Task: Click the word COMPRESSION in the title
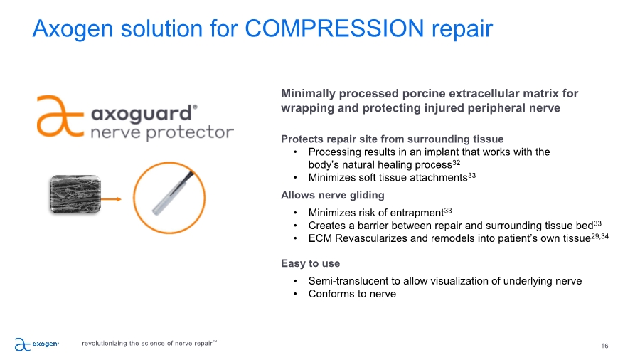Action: pyautogui.click(x=334, y=28)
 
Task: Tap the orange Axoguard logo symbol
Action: pyautogui.click(x=60, y=117)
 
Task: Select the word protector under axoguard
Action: pyautogui.click(x=190, y=132)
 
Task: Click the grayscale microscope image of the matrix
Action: pyautogui.click(x=75, y=194)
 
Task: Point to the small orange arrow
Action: pyautogui.click(x=112, y=199)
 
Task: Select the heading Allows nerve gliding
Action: pyautogui.click(x=333, y=195)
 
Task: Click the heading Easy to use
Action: pyautogui.click(x=310, y=263)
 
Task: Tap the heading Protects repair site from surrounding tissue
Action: pyautogui.click(x=393, y=139)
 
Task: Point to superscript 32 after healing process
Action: pyautogui.click(x=457, y=162)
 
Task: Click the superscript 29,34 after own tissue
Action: pyautogui.click(x=599, y=236)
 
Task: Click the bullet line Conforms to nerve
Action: pyautogui.click(x=352, y=294)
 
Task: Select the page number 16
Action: pyautogui.click(x=604, y=346)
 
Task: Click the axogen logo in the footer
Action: pyautogui.click(x=37, y=344)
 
